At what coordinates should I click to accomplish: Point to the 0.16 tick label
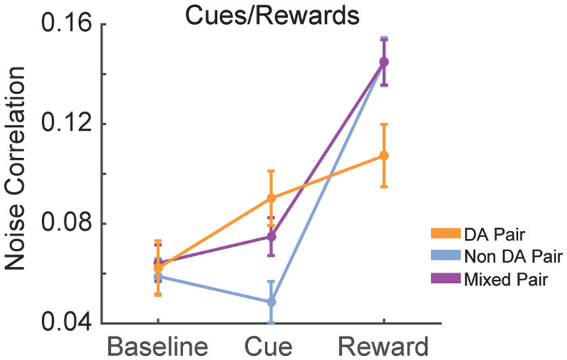[57, 26]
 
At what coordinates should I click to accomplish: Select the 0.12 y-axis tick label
[57, 124]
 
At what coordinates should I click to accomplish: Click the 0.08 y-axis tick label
[57, 224]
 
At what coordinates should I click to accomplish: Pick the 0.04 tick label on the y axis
[57, 323]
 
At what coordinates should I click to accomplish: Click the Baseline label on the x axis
[157, 346]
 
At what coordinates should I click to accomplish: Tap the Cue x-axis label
[270, 346]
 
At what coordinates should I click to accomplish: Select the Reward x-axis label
[383, 346]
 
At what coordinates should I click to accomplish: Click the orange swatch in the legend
[443, 234]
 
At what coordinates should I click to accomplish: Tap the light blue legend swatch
[443, 255]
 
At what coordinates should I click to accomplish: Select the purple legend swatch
[443, 277]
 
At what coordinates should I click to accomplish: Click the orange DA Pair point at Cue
[271, 198]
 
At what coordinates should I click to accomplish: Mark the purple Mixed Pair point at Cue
[271, 236]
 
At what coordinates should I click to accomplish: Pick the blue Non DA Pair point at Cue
[271, 302]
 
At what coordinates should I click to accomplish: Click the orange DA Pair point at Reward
[384, 155]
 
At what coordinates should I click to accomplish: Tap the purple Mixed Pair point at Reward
[384, 62]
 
